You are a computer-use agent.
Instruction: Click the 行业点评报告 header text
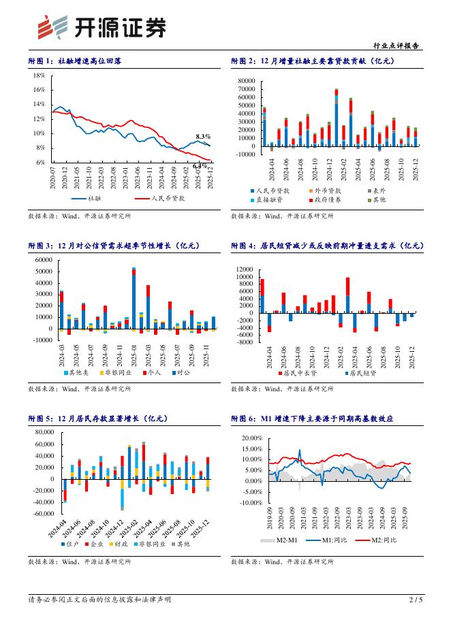(397, 46)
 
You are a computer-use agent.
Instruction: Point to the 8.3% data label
(203, 137)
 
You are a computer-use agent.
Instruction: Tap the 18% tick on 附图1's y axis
(39, 76)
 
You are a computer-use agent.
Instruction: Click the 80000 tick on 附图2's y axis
(246, 80)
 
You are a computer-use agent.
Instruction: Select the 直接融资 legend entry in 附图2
(275, 200)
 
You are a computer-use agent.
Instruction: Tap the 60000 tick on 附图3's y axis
(42, 259)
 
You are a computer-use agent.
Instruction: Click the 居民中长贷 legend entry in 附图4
(297, 374)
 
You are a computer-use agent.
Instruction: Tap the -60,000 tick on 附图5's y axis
(40, 514)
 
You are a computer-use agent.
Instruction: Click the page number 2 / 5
(416, 600)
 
